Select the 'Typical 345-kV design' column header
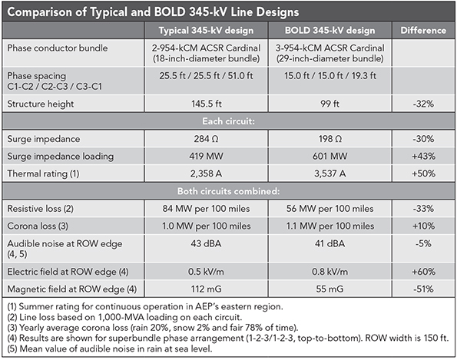[x=200, y=31]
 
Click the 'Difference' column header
[x=423, y=31]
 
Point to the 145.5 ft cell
[x=200, y=101]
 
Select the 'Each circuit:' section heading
[x=229, y=121]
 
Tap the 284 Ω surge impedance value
[x=200, y=139]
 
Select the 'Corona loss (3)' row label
[x=41, y=226]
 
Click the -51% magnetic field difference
[x=423, y=289]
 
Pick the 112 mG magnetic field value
[x=200, y=289]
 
